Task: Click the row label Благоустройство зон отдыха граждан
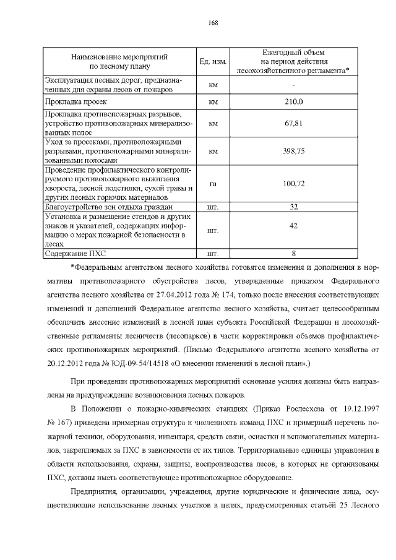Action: pos(108,207)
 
